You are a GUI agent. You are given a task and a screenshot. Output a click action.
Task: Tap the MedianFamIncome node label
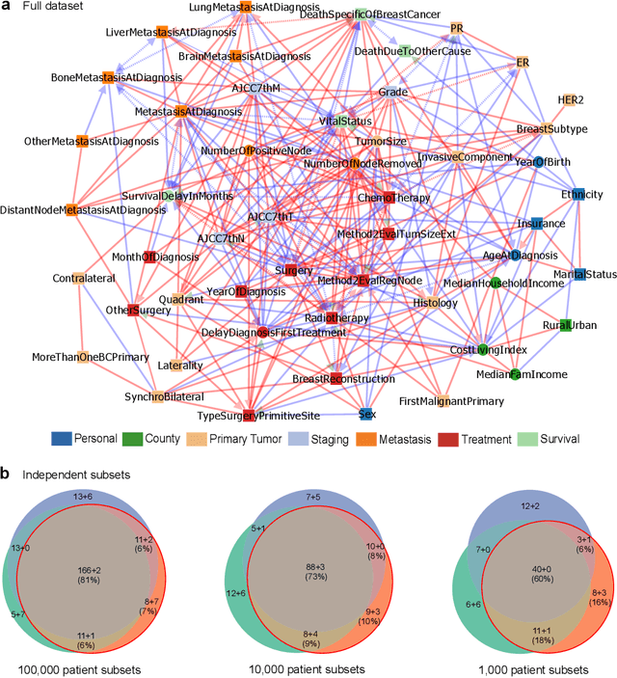[522, 374]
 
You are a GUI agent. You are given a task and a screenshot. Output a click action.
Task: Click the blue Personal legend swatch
[64, 440]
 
